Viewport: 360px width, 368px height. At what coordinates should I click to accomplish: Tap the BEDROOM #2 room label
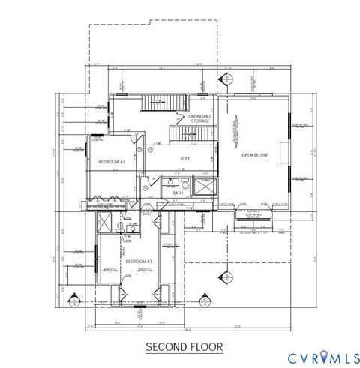(x=112, y=162)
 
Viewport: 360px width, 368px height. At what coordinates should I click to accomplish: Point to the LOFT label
(x=185, y=158)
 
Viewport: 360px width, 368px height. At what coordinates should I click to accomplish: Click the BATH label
(x=178, y=193)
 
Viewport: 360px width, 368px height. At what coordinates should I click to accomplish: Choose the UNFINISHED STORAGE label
(x=199, y=118)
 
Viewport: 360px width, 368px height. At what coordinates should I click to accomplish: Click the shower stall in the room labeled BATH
(x=203, y=185)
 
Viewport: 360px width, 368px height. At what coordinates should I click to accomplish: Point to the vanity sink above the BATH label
(x=172, y=182)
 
